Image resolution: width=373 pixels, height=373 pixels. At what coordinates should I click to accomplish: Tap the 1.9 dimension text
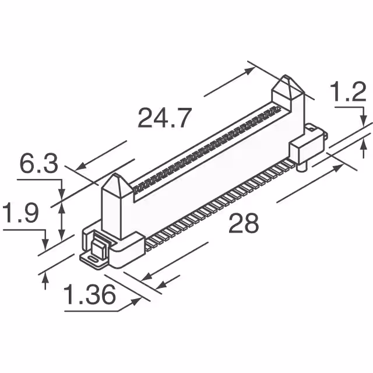point(20,214)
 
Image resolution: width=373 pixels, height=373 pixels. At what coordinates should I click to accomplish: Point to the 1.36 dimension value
point(89,297)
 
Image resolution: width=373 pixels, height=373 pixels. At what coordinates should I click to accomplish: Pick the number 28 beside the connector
point(244,223)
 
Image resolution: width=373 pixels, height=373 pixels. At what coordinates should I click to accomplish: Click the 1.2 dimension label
point(347,93)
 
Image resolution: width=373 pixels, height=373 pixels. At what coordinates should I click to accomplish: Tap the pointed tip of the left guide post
point(115,177)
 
